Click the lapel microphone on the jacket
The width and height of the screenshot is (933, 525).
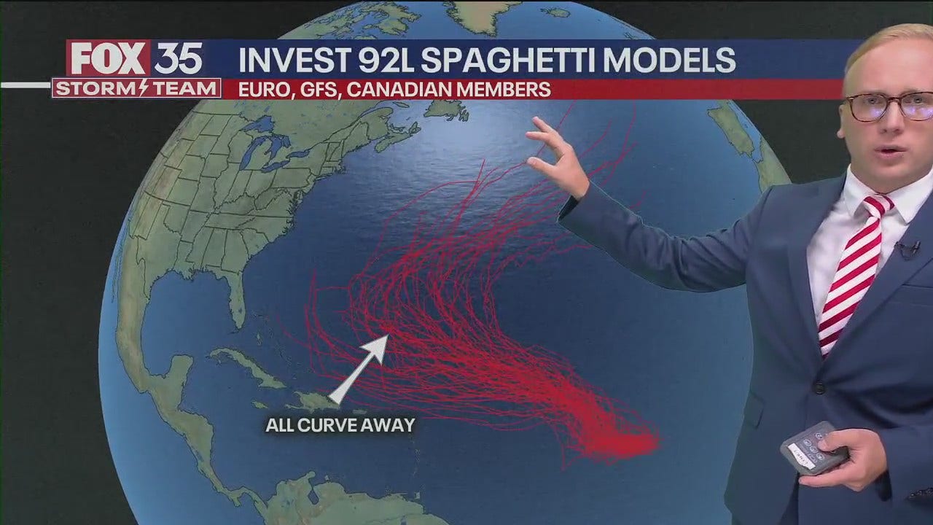(x=907, y=249)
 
